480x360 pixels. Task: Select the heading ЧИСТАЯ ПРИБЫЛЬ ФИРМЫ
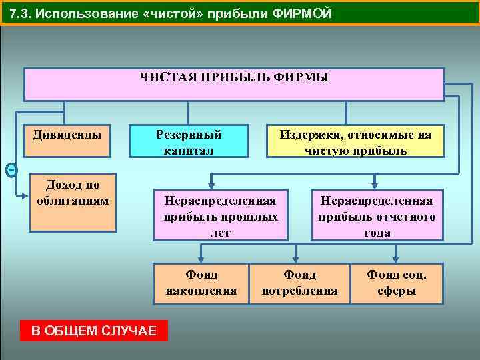tap(234, 78)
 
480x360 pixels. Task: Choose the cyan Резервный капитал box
tap(189, 141)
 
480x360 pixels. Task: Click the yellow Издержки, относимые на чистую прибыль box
tap(355, 141)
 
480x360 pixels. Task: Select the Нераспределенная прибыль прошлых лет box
tap(221, 215)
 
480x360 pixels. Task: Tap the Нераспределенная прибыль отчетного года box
tap(377, 215)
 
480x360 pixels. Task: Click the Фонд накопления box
tap(201, 283)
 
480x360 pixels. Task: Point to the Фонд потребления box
tap(299, 283)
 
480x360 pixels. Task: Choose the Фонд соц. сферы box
tap(397, 283)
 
